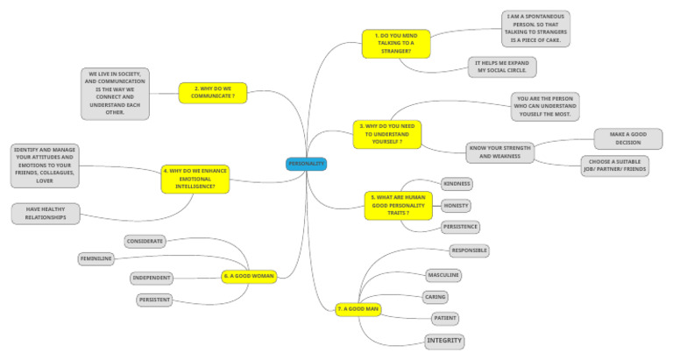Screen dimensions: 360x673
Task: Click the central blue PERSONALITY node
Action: click(306, 164)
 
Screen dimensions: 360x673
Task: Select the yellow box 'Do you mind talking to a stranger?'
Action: click(396, 43)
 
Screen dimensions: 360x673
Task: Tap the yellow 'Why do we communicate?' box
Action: click(212, 91)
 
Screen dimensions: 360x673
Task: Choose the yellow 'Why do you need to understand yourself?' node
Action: click(387, 134)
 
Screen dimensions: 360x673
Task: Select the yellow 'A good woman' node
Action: click(249, 277)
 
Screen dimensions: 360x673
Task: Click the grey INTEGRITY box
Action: click(444, 340)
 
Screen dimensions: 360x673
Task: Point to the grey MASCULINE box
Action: click(443, 275)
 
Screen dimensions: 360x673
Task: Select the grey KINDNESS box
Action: click(456, 184)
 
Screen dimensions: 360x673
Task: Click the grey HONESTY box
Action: click(456, 206)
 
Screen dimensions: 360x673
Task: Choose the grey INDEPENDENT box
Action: click(151, 278)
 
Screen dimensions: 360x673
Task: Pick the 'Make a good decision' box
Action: click(628, 138)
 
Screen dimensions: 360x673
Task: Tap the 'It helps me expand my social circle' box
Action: click(502, 67)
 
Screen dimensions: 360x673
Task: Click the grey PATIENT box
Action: click(444, 318)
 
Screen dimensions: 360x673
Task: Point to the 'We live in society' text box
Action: click(116, 94)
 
